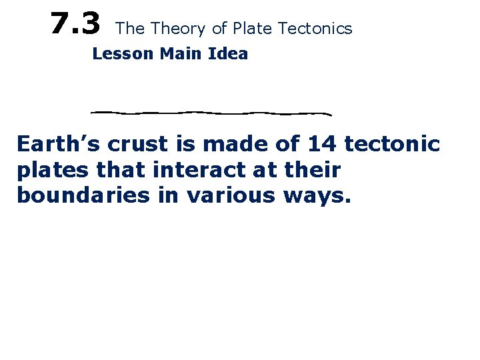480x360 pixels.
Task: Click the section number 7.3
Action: click(75, 25)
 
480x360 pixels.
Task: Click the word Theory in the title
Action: click(176, 29)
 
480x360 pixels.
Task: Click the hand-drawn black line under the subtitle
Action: click(211, 112)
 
